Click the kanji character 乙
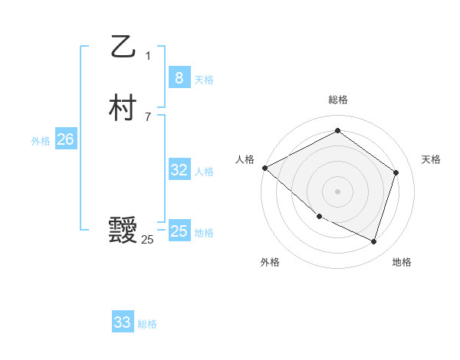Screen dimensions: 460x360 coord(123,46)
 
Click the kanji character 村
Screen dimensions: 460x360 coord(123,108)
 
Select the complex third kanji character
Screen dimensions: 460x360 coord(123,231)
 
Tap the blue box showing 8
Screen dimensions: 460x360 coord(179,77)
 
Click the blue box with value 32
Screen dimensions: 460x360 coord(179,170)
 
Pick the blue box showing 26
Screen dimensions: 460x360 coord(65,139)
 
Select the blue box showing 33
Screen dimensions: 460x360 coord(123,322)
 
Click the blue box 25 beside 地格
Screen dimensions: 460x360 coord(179,231)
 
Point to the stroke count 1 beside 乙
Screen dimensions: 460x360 coord(148,56)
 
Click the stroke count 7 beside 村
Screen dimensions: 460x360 coord(148,117)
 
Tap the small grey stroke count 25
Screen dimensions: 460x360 coord(147,240)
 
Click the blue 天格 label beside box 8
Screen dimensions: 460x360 coord(204,80)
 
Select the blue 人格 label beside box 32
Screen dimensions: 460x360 coord(204,172)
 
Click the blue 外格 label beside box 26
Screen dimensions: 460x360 coord(41,141)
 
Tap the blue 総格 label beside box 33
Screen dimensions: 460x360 coord(147,325)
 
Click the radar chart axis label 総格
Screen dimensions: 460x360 coord(337,100)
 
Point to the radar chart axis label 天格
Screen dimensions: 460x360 coord(431,159)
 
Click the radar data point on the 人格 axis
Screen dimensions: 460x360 coord(264,167)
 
